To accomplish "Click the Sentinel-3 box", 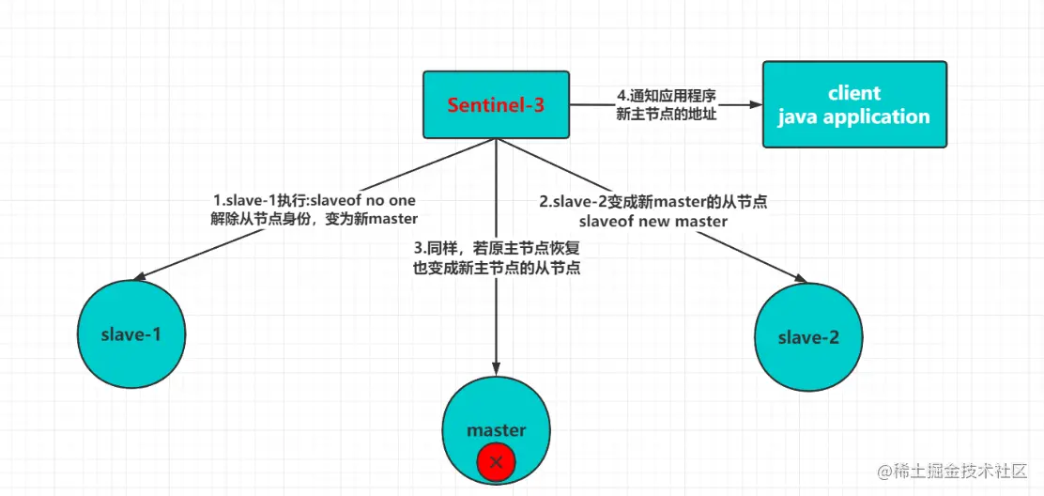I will (x=496, y=104).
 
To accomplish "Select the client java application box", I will (x=854, y=104).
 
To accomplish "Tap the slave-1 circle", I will (x=131, y=333).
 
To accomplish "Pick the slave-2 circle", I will (x=807, y=337).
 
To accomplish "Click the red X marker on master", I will (x=497, y=462).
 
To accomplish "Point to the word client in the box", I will (x=854, y=93).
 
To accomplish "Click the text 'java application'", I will (x=854, y=116).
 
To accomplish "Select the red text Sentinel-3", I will (x=496, y=105).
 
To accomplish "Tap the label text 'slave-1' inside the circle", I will (x=131, y=334).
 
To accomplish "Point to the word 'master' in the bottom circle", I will (x=497, y=430).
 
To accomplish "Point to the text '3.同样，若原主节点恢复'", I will (x=496, y=249).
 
